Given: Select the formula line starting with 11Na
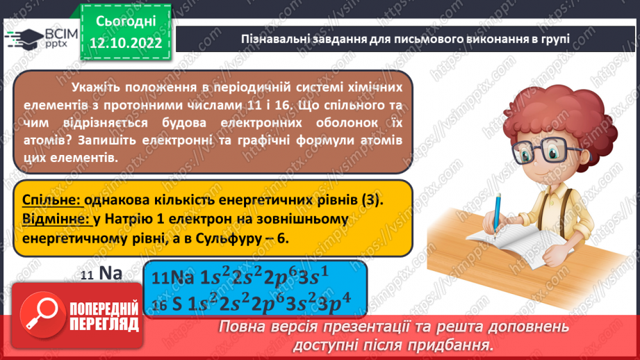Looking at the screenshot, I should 238,277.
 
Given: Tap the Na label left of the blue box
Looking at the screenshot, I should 110,273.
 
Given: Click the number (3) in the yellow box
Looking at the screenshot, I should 372,199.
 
